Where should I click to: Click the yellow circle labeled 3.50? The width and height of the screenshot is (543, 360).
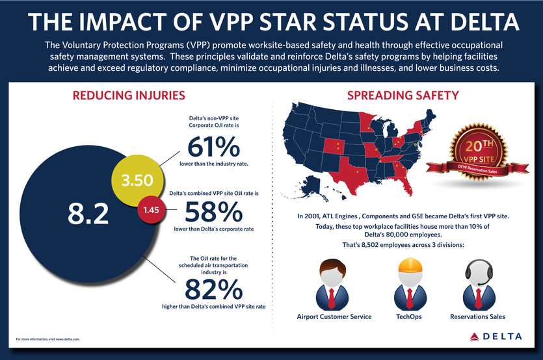click(137, 179)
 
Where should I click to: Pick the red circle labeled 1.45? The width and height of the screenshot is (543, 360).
click(151, 209)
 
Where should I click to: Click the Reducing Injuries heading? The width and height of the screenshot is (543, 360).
click(129, 96)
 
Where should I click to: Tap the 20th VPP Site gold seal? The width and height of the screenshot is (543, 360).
click(478, 150)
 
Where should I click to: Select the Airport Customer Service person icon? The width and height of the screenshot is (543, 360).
click(334, 283)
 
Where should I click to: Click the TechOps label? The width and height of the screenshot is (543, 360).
click(408, 317)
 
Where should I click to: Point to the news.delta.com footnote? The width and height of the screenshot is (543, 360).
click(49, 340)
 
